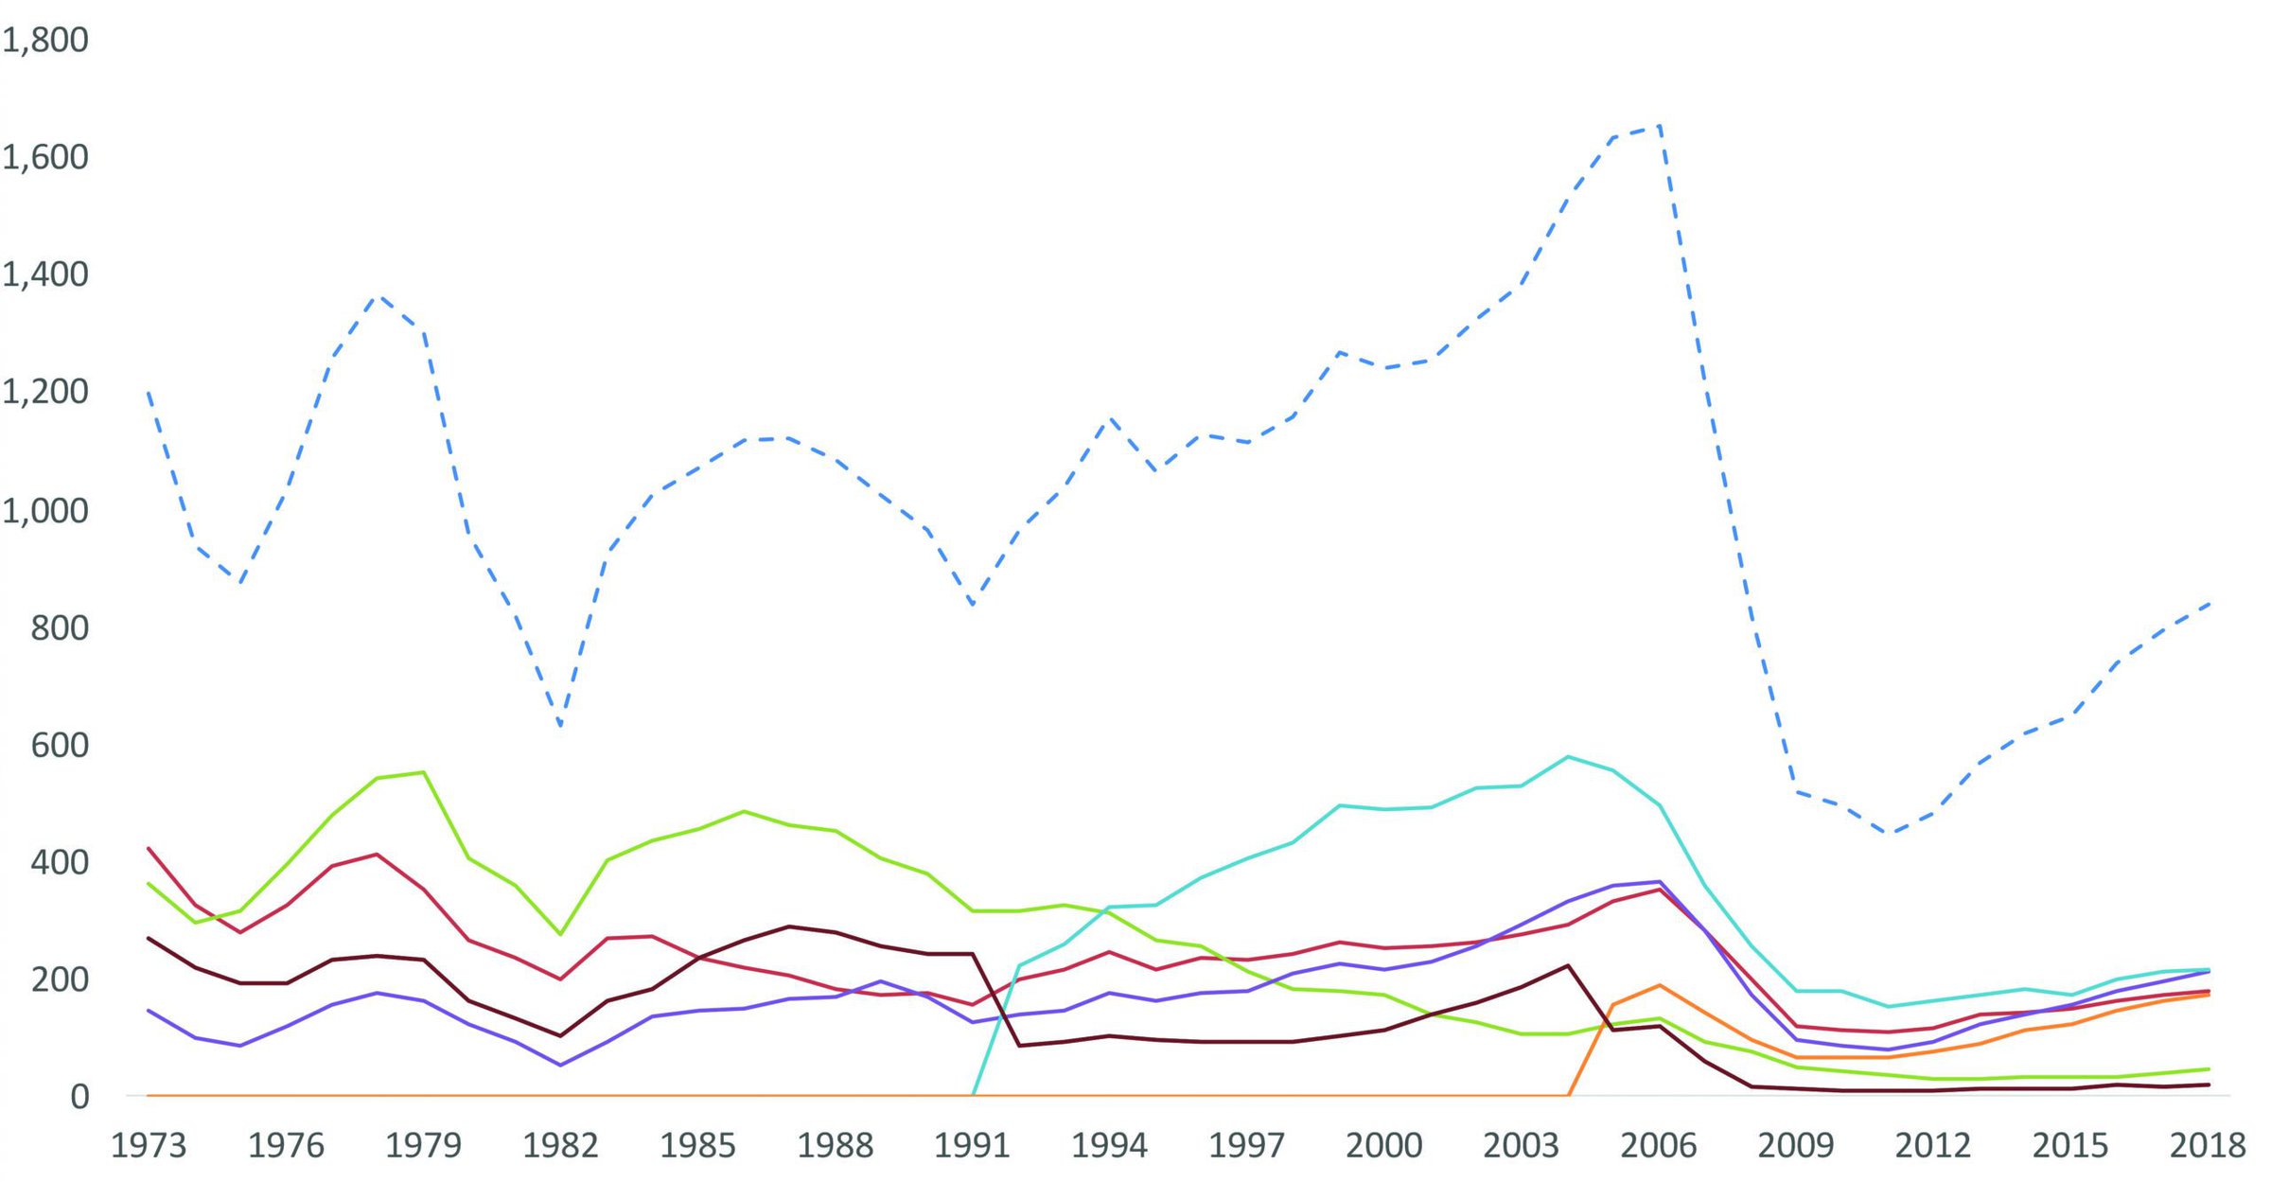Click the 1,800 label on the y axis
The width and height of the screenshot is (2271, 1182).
45,40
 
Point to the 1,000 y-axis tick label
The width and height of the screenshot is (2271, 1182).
45,511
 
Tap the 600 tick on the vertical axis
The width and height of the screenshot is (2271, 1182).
60,746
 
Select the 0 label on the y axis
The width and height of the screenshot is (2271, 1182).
79,1097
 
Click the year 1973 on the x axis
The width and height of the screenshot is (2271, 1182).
149,1146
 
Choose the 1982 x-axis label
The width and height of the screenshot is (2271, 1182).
560,1146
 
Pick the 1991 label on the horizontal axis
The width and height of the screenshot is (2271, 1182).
972,1146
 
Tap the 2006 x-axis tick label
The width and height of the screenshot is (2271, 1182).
1658,1146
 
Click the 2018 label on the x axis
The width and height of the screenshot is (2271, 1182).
2207,1146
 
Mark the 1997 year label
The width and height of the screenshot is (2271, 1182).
1246,1146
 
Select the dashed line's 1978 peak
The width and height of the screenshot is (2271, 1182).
378,296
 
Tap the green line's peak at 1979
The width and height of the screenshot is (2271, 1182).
424,772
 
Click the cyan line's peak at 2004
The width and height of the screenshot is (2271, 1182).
1568,756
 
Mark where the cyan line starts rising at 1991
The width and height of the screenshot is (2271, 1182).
973,1095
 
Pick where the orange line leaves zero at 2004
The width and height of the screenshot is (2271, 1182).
1568,1095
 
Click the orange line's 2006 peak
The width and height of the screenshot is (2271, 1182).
1659,985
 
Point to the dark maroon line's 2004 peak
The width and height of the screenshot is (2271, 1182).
1568,965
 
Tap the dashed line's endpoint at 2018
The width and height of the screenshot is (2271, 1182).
2208,604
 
